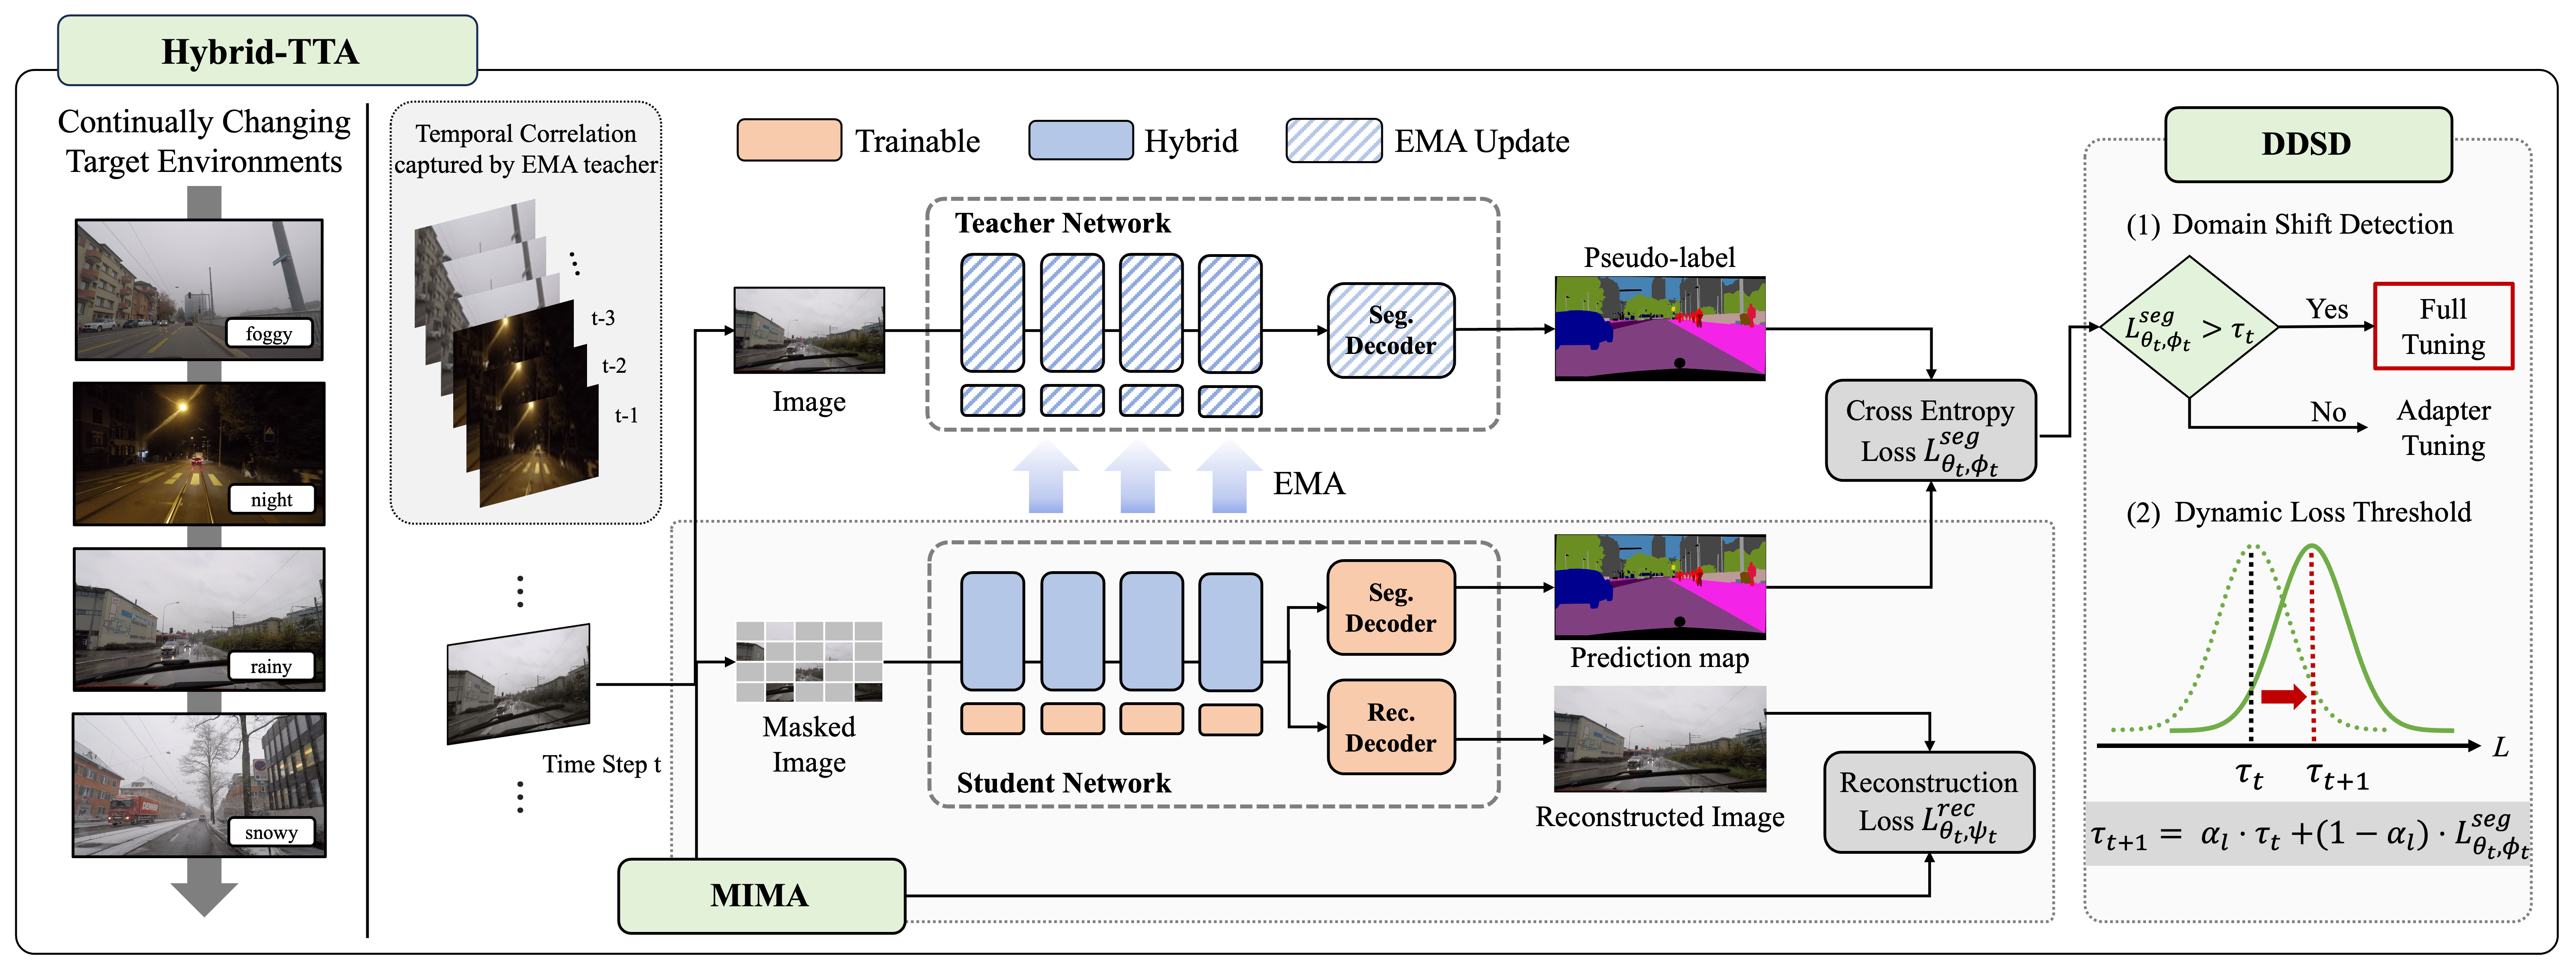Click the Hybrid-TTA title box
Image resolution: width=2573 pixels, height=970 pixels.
click(267, 51)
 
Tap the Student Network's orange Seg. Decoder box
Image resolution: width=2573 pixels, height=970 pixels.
click(1390, 607)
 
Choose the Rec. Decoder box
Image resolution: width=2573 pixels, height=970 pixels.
click(1390, 727)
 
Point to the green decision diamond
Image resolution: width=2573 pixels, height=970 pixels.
click(2190, 327)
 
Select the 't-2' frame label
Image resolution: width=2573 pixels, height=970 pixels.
click(613, 366)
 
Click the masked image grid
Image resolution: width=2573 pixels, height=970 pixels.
click(809, 660)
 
